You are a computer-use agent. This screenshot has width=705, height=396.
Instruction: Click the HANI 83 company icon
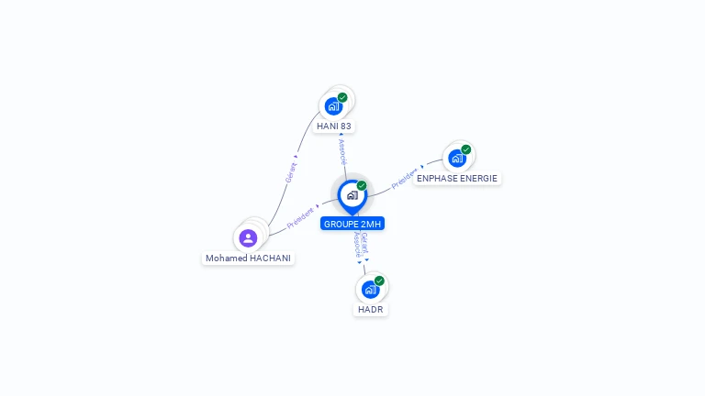pyautogui.click(x=333, y=105)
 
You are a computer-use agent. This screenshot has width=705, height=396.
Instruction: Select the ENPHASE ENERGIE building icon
pyautogui.click(x=456, y=158)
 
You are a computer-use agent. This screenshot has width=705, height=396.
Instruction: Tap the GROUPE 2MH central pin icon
pyautogui.click(x=352, y=195)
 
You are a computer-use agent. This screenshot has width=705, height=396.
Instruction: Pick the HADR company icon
pyautogui.click(x=370, y=290)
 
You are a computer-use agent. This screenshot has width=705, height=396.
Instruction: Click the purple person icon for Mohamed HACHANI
pyautogui.click(x=248, y=238)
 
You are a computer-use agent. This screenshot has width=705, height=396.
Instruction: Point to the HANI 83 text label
pyautogui.click(x=334, y=126)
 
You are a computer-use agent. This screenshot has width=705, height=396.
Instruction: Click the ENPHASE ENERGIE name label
pyautogui.click(x=457, y=179)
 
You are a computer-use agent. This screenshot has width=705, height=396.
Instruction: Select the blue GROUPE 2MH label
pyautogui.click(x=352, y=224)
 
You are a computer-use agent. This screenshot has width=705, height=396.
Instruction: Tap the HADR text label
pyautogui.click(x=371, y=310)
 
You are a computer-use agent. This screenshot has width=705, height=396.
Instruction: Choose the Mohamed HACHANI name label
pyautogui.click(x=248, y=258)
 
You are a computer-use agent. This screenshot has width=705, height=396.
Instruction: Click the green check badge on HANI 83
pyautogui.click(x=342, y=97)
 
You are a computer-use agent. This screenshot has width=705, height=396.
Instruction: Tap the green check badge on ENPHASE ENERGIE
pyautogui.click(x=466, y=149)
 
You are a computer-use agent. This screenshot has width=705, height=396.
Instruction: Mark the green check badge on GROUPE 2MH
pyautogui.click(x=362, y=186)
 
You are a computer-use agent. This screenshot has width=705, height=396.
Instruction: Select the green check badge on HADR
pyautogui.click(x=379, y=280)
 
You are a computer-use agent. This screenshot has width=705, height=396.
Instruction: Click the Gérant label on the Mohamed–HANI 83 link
pyautogui.click(x=291, y=172)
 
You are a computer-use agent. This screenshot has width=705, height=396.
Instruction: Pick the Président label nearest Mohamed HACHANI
pyautogui.click(x=301, y=217)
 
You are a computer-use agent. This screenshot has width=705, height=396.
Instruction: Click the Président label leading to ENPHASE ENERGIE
pyautogui.click(x=406, y=178)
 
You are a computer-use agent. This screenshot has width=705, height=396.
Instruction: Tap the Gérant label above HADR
pyautogui.click(x=365, y=242)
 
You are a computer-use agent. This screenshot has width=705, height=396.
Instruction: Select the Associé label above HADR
pyautogui.click(x=357, y=246)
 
